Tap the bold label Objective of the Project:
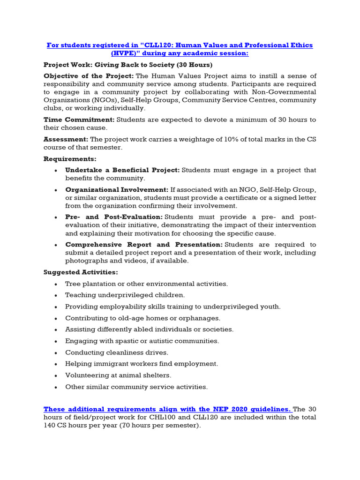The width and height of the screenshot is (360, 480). pyautogui.click(x=89, y=76)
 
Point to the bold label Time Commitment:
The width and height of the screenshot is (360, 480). pyautogui.click(x=79, y=120)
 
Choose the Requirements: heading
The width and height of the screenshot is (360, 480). pyautogui.click(x=70, y=159)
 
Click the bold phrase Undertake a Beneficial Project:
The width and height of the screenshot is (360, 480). pyautogui.click(x=122, y=170)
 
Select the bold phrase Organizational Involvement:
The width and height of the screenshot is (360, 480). pyautogui.click(x=117, y=190)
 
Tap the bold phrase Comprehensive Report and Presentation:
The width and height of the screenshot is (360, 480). pyautogui.click(x=144, y=245)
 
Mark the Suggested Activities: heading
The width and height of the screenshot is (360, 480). pyautogui.click(x=81, y=272)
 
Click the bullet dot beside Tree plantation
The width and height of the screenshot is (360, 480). pyautogui.click(x=56, y=284)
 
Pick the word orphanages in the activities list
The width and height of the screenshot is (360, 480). pyautogui.click(x=197, y=318)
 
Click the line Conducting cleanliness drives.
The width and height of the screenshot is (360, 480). pyautogui.click(x=116, y=352)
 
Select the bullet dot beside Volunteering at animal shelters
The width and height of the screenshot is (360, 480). pyautogui.click(x=56, y=375)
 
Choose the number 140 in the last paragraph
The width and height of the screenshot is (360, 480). pyautogui.click(x=51, y=426)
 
